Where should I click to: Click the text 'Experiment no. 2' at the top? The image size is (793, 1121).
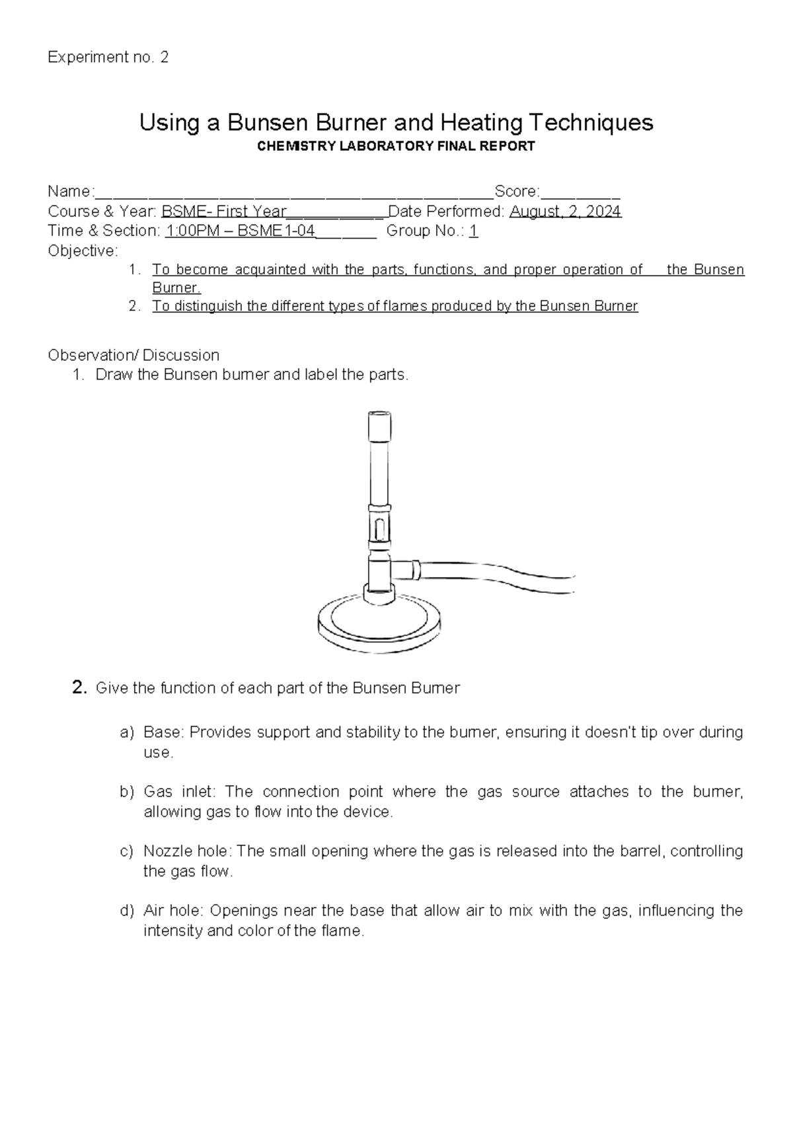point(108,58)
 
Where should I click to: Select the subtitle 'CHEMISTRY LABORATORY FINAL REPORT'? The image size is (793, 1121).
point(396,147)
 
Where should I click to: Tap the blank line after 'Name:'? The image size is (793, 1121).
point(294,192)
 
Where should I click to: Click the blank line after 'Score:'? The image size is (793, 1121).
point(580,192)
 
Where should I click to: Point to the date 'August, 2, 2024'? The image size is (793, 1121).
point(566,212)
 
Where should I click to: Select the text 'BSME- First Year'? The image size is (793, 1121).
point(224,212)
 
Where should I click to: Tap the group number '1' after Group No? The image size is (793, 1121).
point(473,231)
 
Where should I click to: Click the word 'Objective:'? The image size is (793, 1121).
point(83,251)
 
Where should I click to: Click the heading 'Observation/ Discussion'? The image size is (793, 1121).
point(133,355)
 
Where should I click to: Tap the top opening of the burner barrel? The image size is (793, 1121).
point(379,415)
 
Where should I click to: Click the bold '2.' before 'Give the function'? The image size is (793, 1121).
point(79,688)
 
